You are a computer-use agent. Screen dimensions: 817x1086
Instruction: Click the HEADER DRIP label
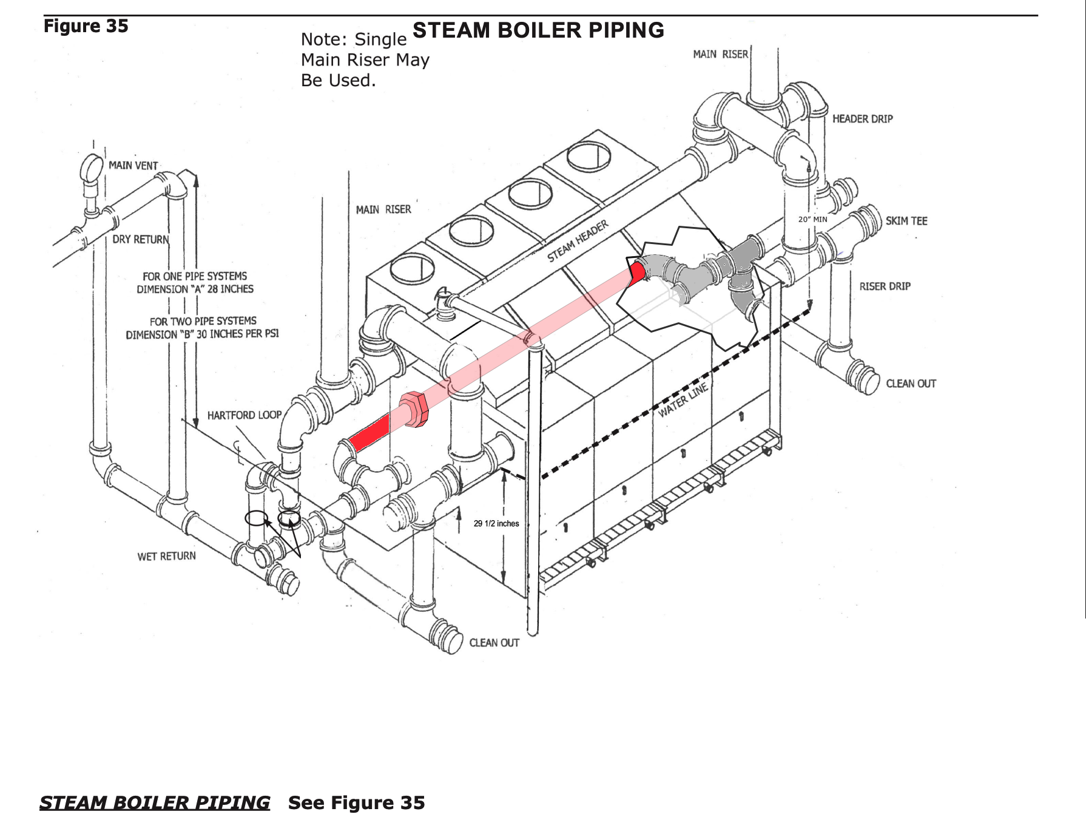(x=862, y=119)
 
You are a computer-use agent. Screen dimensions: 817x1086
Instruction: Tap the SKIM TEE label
(x=906, y=221)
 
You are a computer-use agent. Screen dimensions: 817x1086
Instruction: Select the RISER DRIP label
(x=885, y=286)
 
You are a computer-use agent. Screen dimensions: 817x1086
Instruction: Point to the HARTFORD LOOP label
(x=245, y=415)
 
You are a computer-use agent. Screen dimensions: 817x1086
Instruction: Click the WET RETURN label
(x=166, y=556)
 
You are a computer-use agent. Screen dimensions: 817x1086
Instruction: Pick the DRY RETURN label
(x=141, y=240)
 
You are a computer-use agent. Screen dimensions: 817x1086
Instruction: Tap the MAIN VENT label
(x=133, y=166)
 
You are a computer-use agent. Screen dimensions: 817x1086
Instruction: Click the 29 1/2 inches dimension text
(x=496, y=524)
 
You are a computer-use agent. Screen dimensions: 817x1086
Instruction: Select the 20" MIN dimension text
(x=812, y=219)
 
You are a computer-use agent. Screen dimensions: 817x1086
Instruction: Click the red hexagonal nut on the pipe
(x=414, y=409)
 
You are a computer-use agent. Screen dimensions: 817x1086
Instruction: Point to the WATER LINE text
(x=683, y=401)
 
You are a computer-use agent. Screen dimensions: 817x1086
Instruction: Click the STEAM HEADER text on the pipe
(x=578, y=242)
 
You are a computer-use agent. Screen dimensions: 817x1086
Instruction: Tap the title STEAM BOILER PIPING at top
(x=538, y=30)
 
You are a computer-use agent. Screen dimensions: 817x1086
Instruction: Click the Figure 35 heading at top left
(x=86, y=26)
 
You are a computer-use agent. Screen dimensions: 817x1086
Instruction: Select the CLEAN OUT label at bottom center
(x=494, y=643)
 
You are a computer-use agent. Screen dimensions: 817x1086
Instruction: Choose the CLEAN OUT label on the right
(x=911, y=384)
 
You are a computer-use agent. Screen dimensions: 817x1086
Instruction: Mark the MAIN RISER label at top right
(x=720, y=55)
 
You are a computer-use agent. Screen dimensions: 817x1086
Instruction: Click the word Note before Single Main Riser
(x=324, y=39)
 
